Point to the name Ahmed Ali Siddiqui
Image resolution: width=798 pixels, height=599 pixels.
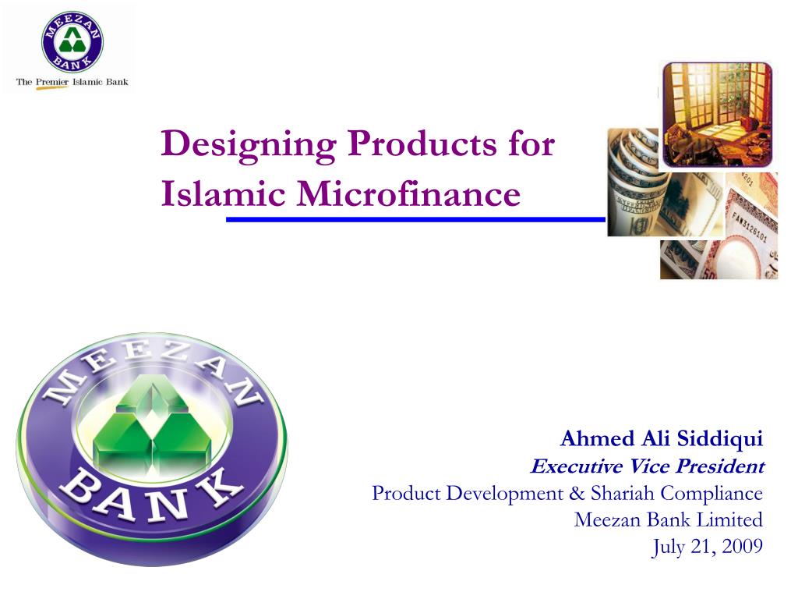pyautogui.click(x=662, y=439)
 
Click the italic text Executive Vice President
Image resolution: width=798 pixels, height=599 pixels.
pyautogui.click(x=647, y=466)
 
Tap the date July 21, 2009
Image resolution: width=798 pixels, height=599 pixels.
pyautogui.click(x=707, y=547)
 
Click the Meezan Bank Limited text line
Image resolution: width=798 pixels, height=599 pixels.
pyautogui.click(x=668, y=519)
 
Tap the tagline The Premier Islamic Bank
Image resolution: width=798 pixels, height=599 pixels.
pyautogui.click(x=72, y=81)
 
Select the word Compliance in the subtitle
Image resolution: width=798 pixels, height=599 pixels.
pyautogui.click(x=711, y=493)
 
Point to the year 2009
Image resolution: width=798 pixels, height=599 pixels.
pyautogui.click(x=742, y=547)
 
